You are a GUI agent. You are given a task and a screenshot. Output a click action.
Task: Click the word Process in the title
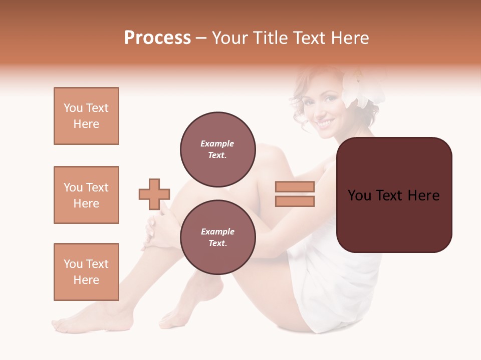(x=157, y=38)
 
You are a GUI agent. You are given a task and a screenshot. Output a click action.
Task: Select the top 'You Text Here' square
(x=86, y=116)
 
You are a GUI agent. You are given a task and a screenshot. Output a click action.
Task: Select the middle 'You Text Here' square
(x=86, y=195)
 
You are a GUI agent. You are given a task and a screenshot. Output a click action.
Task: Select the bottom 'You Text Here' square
(x=86, y=272)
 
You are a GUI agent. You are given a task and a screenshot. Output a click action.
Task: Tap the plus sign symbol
(x=154, y=194)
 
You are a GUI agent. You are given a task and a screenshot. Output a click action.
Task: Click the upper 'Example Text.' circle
(x=217, y=149)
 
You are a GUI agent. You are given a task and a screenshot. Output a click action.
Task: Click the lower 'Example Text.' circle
(x=217, y=237)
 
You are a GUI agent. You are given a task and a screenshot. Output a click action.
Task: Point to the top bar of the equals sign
(x=295, y=187)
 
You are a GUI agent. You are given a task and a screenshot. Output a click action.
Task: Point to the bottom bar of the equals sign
(x=295, y=201)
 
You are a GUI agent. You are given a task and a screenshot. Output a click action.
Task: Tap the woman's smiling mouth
(x=325, y=122)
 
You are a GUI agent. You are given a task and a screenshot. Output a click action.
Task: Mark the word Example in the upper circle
(x=217, y=144)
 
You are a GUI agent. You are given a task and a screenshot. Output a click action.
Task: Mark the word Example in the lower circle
(x=217, y=232)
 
